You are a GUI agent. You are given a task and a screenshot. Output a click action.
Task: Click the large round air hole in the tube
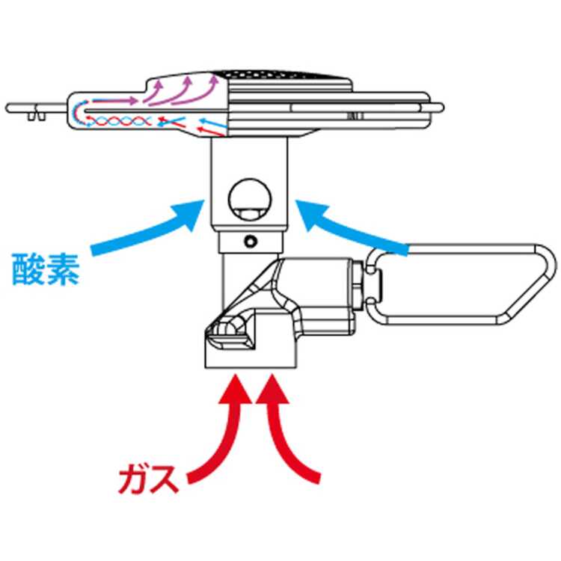tap(249, 197)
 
